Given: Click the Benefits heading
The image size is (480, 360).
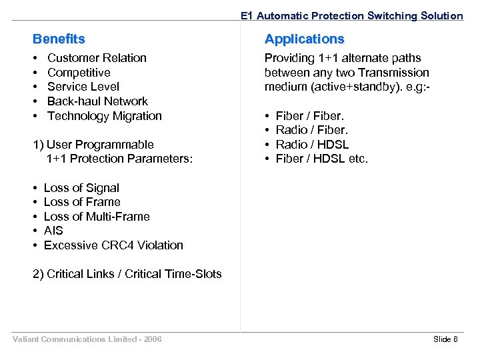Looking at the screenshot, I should (59, 39).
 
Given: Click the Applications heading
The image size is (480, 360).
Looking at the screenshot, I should (304, 39).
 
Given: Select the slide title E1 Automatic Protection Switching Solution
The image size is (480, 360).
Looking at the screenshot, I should (351, 15).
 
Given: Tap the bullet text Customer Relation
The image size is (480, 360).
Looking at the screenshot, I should (97, 58).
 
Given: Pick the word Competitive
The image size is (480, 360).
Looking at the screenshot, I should (79, 73).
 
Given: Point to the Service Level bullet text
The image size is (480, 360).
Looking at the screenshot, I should (83, 87).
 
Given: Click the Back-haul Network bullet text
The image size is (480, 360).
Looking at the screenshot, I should (97, 101).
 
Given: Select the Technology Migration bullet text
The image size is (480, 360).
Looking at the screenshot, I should (104, 116).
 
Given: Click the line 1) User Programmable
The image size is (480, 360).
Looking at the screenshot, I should (93, 145).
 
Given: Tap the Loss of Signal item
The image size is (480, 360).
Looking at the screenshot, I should (81, 188).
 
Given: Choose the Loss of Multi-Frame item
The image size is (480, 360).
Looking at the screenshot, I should (97, 217).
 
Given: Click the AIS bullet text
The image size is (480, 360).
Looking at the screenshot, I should (53, 231).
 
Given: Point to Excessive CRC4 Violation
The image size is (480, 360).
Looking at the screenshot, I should (113, 245).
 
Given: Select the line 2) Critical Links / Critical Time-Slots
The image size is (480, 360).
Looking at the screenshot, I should (127, 274).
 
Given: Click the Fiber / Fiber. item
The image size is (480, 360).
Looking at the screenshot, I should (310, 116).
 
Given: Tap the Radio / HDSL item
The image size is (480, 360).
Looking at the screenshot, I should (312, 145).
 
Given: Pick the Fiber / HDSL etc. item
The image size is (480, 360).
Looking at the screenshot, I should (321, 159).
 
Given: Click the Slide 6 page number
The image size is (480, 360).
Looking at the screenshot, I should (445, 339).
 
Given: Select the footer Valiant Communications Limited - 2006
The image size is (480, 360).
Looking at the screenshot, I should (87, 339).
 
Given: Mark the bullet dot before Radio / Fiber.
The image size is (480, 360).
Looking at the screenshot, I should (267, 131).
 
